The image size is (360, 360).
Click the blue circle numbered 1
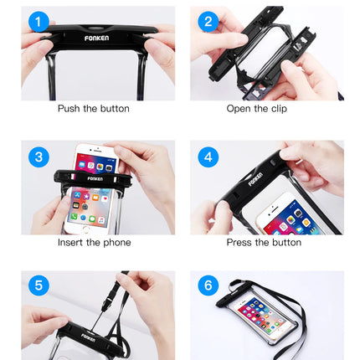click(x=39, y=22)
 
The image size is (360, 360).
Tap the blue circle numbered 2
click(x=208, y=22)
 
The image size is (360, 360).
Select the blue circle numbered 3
click(x=39, y=157)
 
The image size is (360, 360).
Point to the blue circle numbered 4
click(x=208, y=157)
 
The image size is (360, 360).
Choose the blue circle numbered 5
click(x=39, y=285)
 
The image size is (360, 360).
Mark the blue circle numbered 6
click(x=208, y=285)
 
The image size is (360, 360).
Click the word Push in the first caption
click(x=69, y=108)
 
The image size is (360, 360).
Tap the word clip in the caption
click(x=279, y=109)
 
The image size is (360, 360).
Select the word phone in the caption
click(x=117, y=243)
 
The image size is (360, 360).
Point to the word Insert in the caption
click(x=70, y=242)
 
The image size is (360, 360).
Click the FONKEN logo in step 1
click(x=96, y=38)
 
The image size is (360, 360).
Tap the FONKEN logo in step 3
click(x=95, y=178)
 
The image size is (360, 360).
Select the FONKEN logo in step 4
click(x=255, y=179)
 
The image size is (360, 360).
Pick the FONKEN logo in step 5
click(x=88, y=337)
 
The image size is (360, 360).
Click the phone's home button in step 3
click(x=87, y=229)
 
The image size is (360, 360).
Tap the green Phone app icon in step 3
click(x=74, y=216)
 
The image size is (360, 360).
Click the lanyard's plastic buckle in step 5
click(x=107, y=302)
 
